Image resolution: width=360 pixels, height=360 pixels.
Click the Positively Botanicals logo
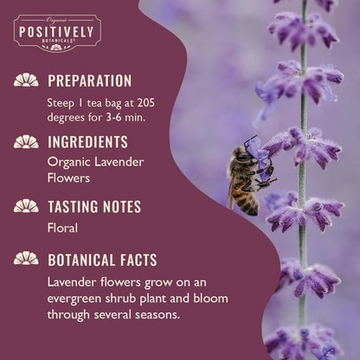[x=57, y=33]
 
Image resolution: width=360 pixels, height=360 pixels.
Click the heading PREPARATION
[x=89, y=81]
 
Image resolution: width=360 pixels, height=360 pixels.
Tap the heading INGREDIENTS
[x=87, y=142]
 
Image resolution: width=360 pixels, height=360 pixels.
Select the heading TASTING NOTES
[x=94, y=206]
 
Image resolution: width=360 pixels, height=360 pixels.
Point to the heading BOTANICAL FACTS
[x=102, y=259]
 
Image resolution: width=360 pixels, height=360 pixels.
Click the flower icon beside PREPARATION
[x=26, y=80]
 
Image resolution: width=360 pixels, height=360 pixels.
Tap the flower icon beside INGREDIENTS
[x=26, y=142]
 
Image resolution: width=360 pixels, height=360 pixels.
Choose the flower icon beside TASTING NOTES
[x=26, y=206]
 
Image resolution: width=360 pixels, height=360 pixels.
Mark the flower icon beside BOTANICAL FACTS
[x=26, y=258]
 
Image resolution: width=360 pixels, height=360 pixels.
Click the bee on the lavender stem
[x=246, y=177]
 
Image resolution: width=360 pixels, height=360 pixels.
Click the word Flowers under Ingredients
[x=69, y=178]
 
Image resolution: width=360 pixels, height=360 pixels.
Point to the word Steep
[x=62, y=101]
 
